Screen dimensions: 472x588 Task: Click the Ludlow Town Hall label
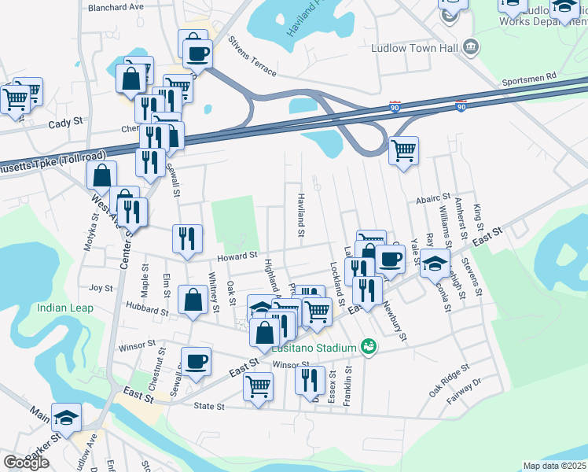(414, 48)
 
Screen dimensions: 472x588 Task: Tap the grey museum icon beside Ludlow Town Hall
(470, 47)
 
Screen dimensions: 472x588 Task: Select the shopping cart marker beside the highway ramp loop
(403, 149)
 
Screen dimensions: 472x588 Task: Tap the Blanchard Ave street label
(116, 6)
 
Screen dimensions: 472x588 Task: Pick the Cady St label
(65, 123)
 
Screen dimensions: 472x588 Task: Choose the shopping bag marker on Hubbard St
(193, 300)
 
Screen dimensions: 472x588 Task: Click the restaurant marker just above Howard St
(187, 238)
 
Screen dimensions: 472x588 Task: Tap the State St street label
(209, 407)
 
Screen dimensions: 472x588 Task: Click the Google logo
(26, 462)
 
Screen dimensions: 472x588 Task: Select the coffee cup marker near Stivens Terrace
(197, 53)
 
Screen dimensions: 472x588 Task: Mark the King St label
(477, 214)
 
